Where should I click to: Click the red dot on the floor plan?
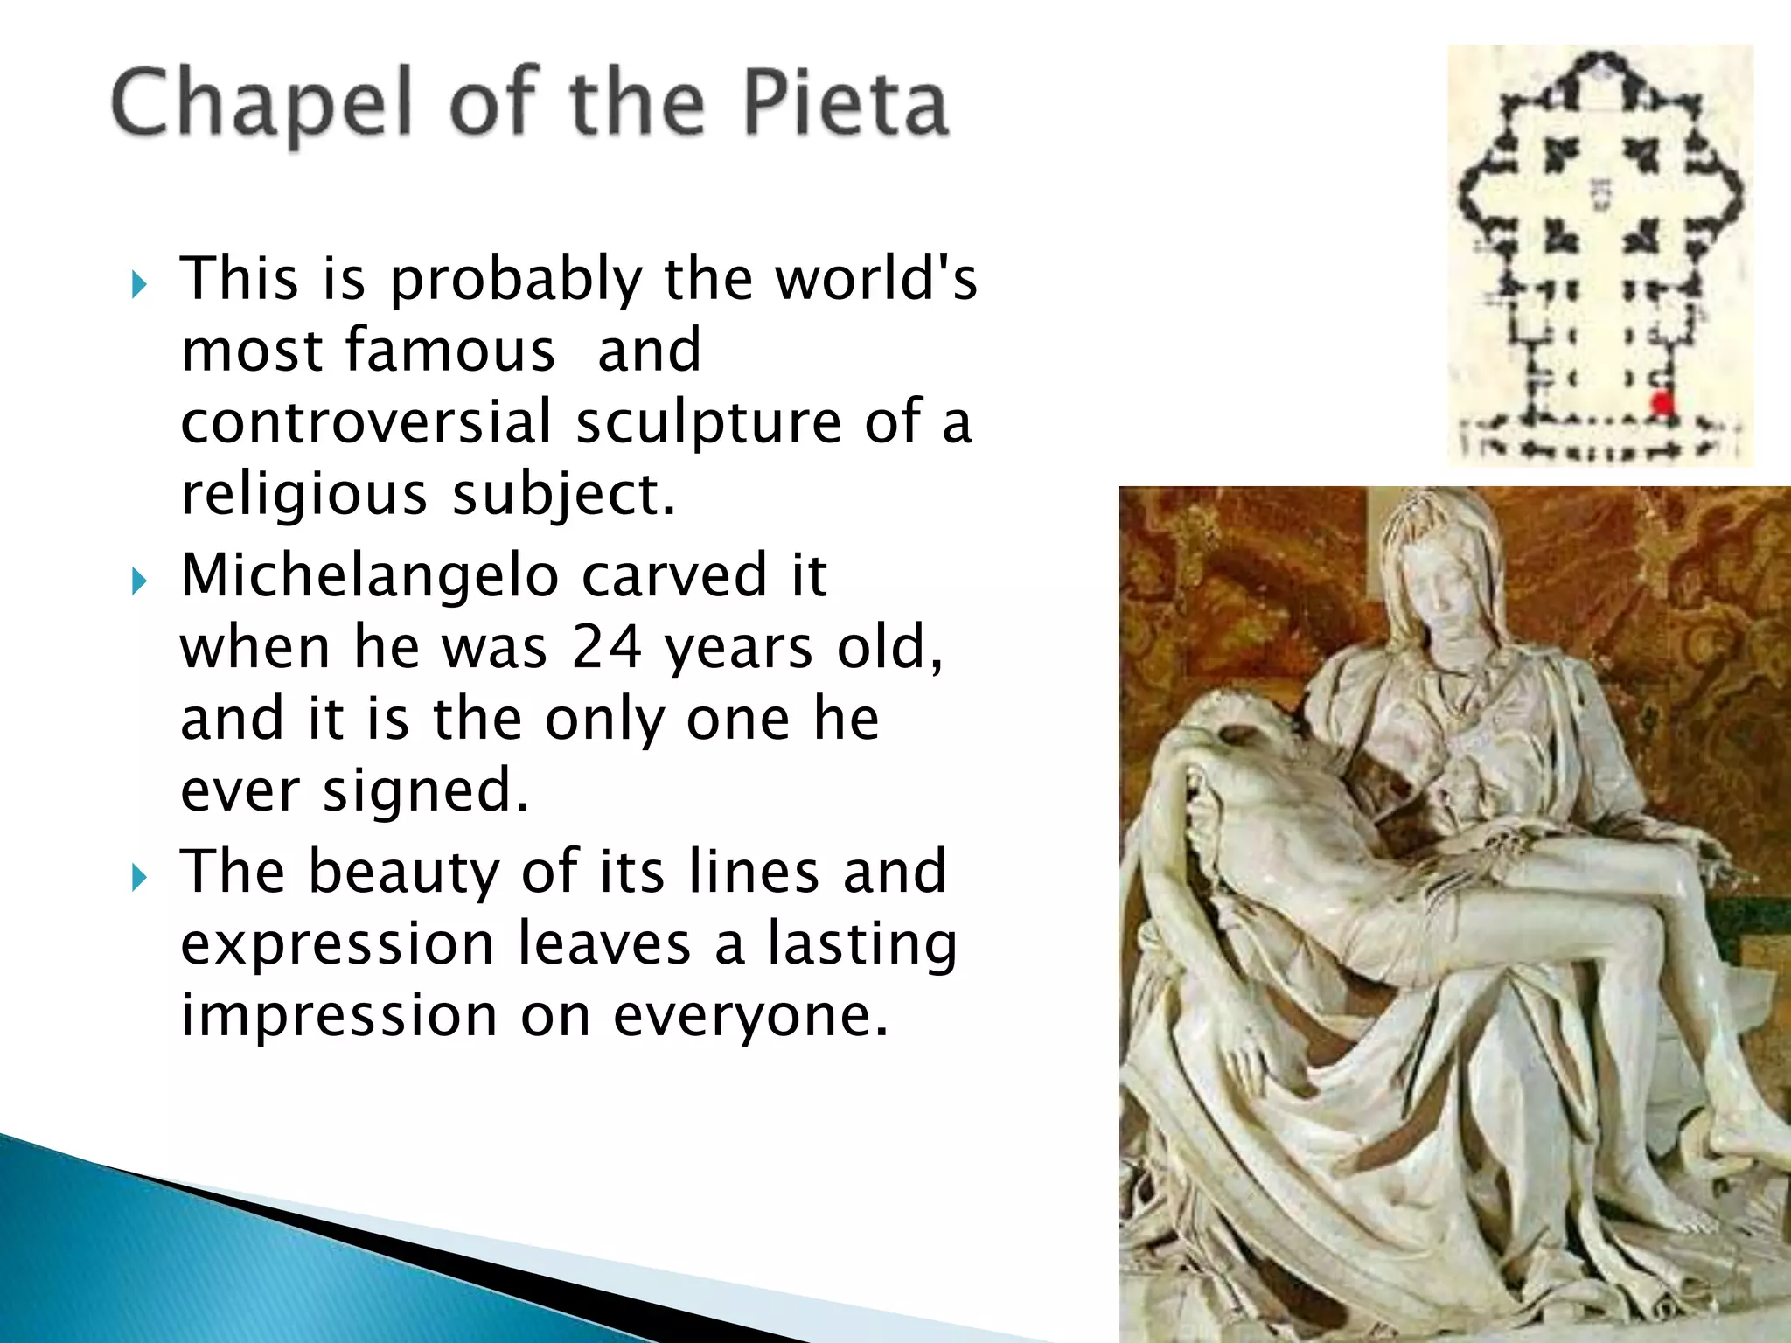(x=1661, y=404)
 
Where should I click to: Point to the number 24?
(x=607, y=647)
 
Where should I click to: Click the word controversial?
(x=366, y=421)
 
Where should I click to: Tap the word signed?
(x=425, y=790)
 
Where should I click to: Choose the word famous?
(x=450, y=350)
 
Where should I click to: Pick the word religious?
(x=303, y=495)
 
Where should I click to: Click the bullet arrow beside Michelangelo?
(x=139, y=581)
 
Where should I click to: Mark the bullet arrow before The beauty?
(x=139, y=877)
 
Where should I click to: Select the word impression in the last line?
(x=338, y=1015)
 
